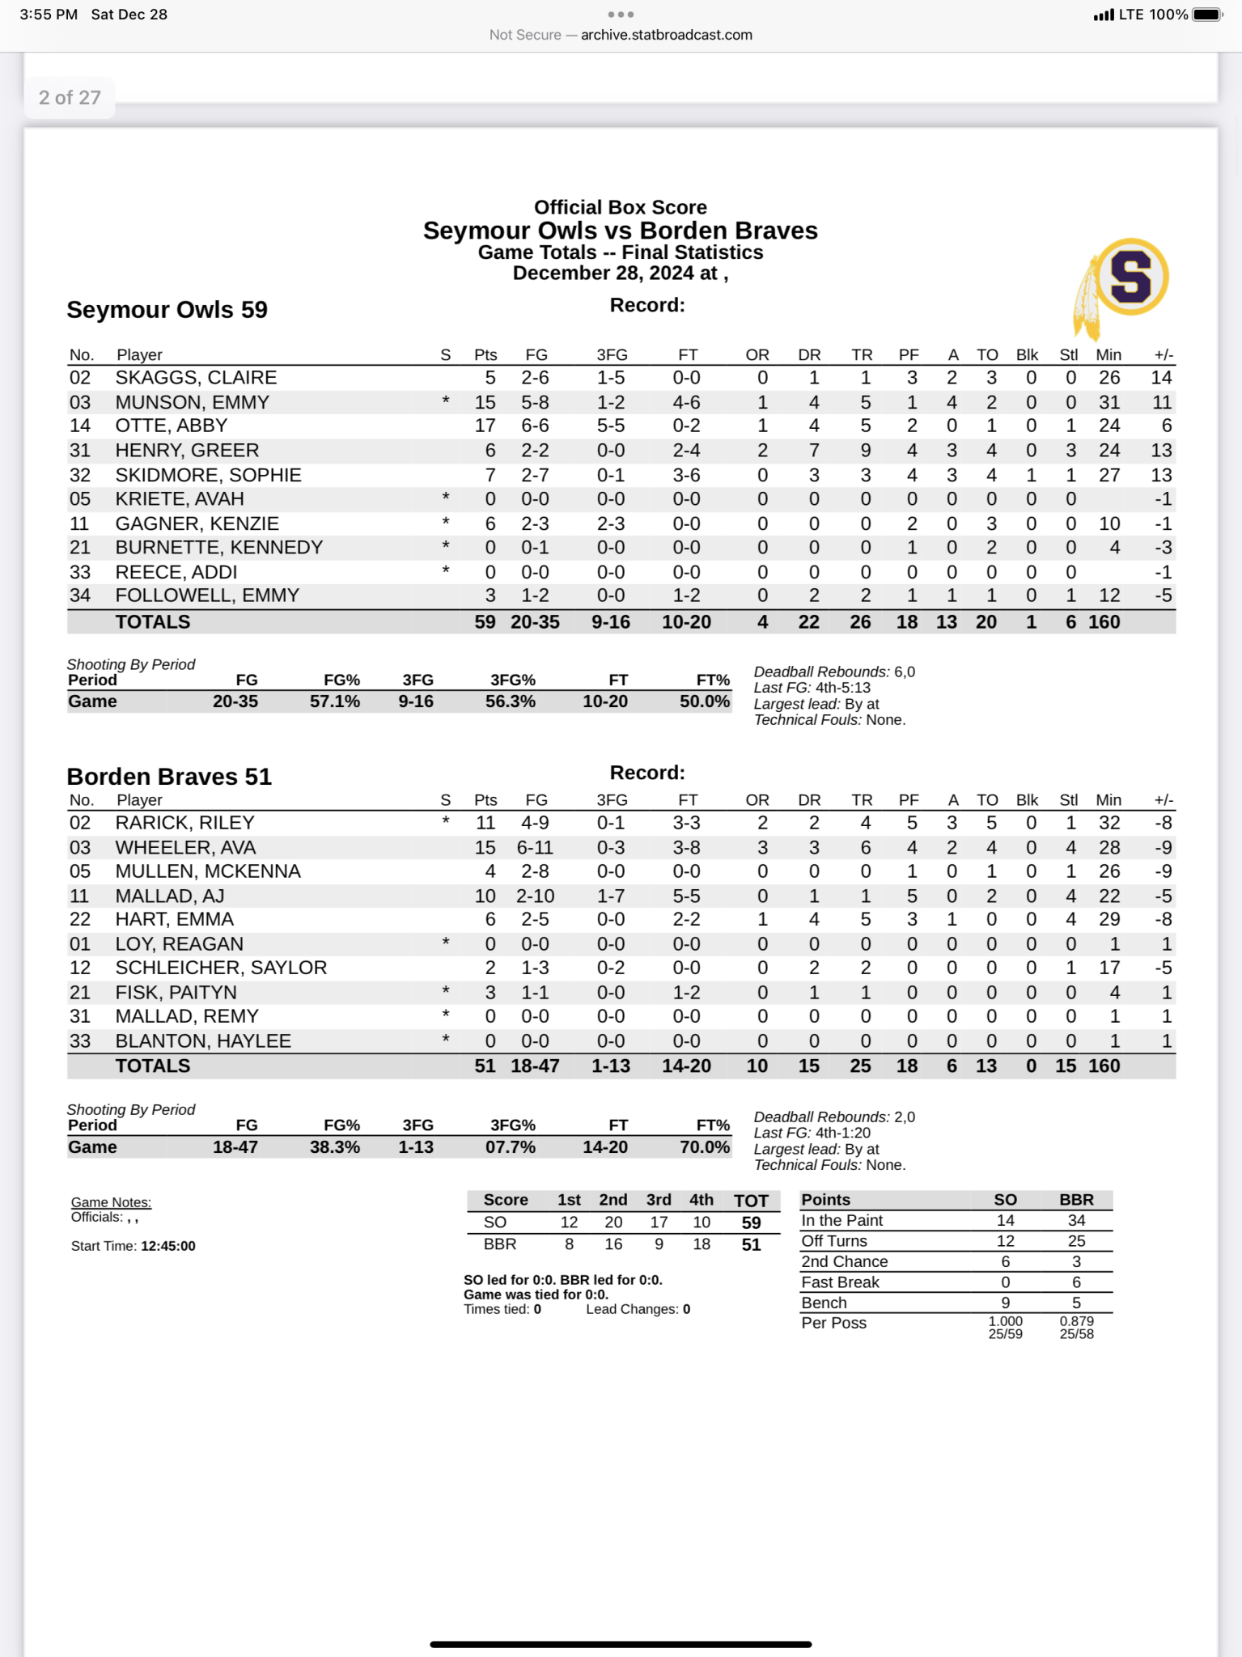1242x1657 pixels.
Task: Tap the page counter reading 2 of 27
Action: [70, 98]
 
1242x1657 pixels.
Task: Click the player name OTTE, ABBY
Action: [171, 426]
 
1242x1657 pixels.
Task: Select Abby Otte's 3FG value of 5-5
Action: [611, 426]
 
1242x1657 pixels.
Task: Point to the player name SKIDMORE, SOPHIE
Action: [208, 475]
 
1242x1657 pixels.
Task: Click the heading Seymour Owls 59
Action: [167, 310]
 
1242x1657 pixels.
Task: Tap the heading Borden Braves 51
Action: [169, 777]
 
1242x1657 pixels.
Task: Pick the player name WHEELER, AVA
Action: [185, 847]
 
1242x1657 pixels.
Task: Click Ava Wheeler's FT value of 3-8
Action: [686, 847]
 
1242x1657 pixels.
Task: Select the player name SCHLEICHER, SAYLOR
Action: [221, 968]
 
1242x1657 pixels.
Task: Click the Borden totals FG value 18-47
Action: [535, 1066]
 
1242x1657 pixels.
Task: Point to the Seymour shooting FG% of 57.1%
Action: [334, 701]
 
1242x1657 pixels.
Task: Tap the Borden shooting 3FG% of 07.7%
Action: [510, 1146]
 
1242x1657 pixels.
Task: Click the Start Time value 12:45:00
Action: [168, 1246]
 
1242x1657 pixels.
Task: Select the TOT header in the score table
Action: [751, 1201]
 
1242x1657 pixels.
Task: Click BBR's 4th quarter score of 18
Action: [702, 1244]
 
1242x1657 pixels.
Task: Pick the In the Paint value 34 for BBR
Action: [1076, 1220]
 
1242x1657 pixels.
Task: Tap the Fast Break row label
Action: [840, 1282]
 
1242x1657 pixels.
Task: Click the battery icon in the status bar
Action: [1206, 15]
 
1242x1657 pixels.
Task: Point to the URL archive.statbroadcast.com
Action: [666, 35]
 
